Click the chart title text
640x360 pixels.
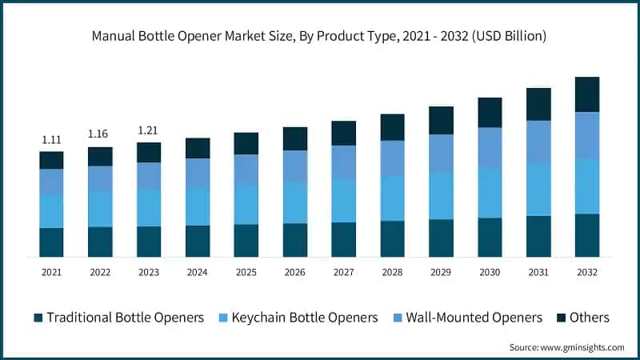coord(319,35)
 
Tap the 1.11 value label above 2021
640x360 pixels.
coord(51,140)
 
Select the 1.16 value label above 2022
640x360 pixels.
coord(100,133)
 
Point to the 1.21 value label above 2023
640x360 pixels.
coord(149,130)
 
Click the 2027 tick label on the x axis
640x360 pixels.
coord(343,273)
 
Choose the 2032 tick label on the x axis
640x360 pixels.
coord(586,273)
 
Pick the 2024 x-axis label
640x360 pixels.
coord(198,273)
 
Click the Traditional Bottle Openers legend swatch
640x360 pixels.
coord(38,318)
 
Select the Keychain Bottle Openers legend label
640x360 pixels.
coord(305,318)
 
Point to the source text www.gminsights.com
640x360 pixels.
coord(566,347)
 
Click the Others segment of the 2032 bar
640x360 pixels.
coord(586,94)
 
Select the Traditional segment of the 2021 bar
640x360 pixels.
coord(51,242)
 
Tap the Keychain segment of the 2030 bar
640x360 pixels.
coord(490,193)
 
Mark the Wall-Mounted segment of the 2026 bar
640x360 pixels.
coord(294,166)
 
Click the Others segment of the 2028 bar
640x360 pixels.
coord(392,127)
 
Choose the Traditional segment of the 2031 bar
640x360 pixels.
coord(538,236)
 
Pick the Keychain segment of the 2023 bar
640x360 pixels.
coord(149,207)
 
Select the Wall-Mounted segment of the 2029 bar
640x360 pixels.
coord(441,153)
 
